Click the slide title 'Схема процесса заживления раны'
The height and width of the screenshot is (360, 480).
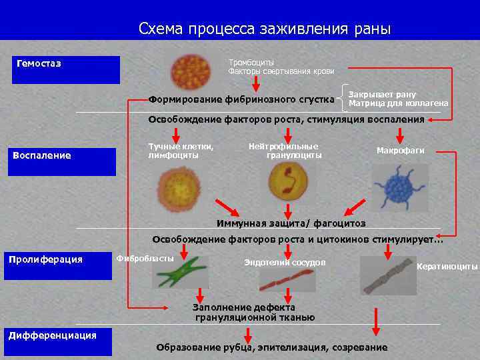[265, 29]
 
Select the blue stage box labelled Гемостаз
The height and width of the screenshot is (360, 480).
[66, 69]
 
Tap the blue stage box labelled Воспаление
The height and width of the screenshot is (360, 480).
[61, 161]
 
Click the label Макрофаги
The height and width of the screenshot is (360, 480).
[400, 151]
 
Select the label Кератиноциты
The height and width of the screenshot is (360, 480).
[447, 267]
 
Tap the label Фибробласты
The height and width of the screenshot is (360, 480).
[145, 258]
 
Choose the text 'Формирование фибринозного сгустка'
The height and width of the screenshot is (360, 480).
[241, 99]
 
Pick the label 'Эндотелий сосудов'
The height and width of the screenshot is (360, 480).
[285, 263]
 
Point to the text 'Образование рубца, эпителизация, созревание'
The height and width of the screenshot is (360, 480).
[271, 347]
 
